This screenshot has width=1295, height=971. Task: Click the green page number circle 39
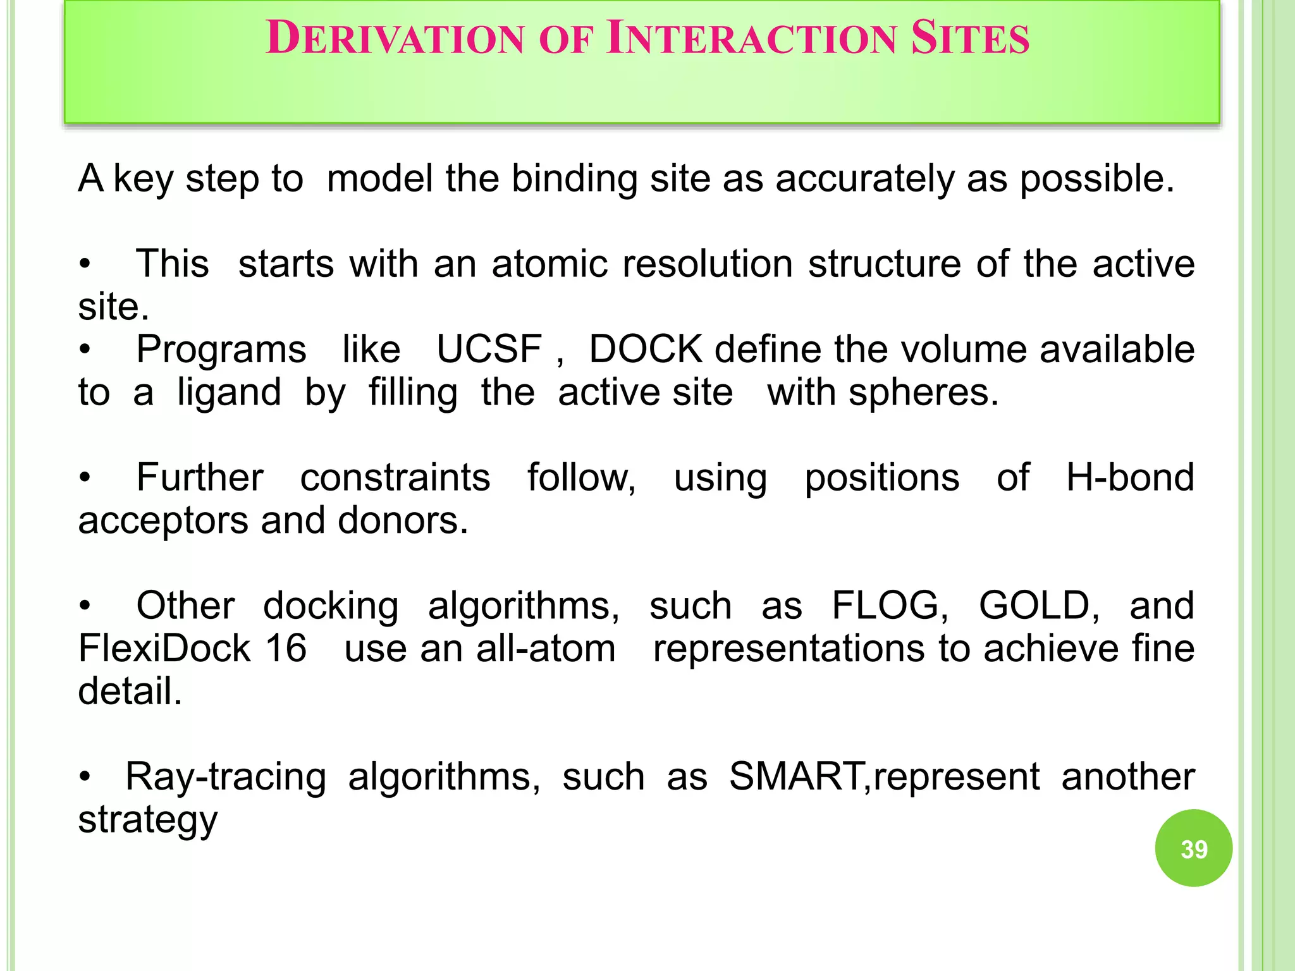[1193, 848]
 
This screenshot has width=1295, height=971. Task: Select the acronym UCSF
[489, 349]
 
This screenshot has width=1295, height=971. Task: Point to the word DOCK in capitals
[646, 349]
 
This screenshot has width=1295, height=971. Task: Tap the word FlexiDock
[164, 649]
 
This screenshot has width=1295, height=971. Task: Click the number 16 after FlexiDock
[286, 649]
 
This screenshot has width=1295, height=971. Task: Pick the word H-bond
[1130, 477]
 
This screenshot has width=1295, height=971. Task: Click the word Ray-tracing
[226, 778]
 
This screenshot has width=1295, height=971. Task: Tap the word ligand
[229, 393]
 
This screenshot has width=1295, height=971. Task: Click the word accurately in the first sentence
[865, 179]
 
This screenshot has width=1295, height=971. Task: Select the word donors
[403, 521]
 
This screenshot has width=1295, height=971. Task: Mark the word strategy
[147, 821]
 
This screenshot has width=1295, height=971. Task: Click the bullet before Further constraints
[85, 478]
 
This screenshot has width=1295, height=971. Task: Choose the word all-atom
[546, 649]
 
